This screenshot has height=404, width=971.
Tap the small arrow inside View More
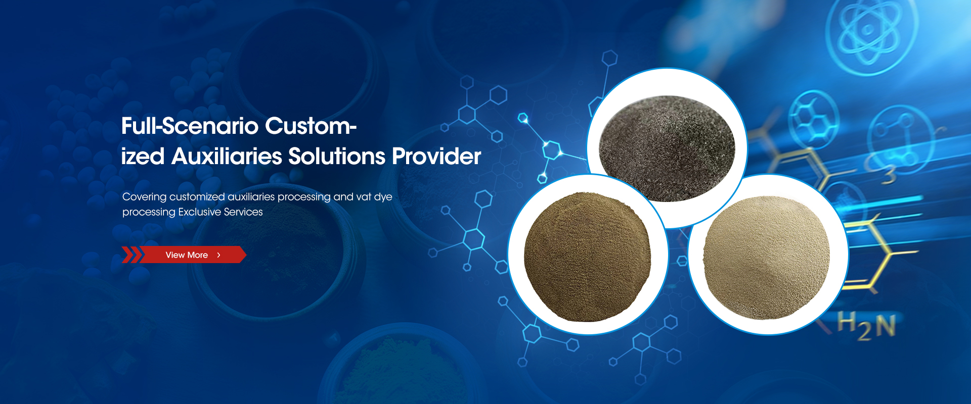[x=218, y=255]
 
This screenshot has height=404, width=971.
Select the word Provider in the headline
[x=436, y=157]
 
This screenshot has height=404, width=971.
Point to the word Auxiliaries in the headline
[x=227, y=157]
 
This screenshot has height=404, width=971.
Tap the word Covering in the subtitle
[x=145, y=197]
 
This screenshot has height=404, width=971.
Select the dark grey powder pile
[x=667, y=148]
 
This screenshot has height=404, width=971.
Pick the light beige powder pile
[x=766, y=258]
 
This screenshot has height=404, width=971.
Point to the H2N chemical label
[x=866, y=326]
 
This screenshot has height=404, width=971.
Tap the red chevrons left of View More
[x=131, y=255]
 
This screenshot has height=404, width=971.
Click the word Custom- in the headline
[x=311, y=126]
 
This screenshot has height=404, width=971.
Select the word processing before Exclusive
[x=149, y=213]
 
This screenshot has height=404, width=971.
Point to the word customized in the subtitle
[x=197, y=197]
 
